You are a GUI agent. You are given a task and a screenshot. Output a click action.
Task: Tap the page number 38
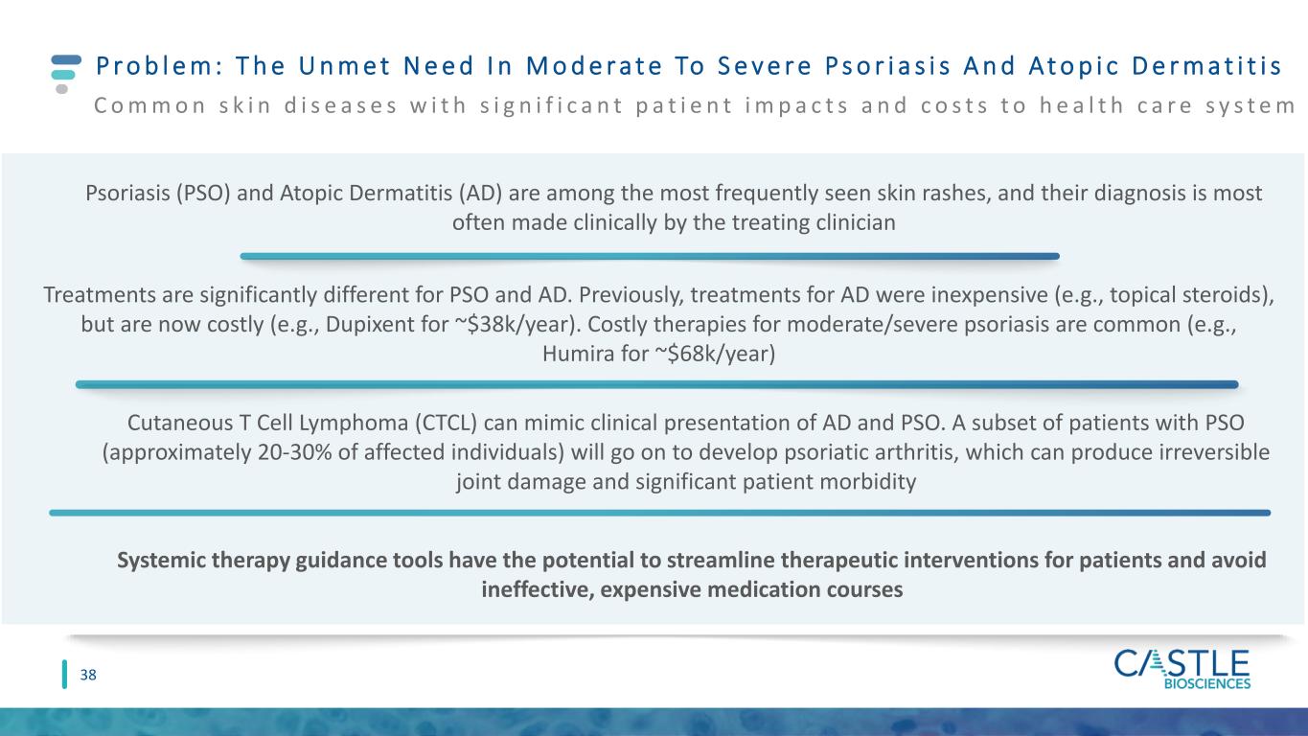coord(88,675)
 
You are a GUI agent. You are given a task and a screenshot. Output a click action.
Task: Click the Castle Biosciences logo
coord(1182,669)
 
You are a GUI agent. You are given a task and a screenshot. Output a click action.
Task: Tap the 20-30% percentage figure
coord(294,452)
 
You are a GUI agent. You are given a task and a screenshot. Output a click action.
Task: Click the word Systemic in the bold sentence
coord(161,560)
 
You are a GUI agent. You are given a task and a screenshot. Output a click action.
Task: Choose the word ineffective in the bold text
coord(538,589)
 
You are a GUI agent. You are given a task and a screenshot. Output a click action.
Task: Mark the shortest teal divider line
coord(650,256)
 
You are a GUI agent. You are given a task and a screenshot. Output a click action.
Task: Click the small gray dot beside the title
coord(62,89)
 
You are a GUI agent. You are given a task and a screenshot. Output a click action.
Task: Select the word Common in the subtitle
coord(150,105)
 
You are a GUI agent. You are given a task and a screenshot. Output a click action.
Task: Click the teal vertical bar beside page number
coord(64,674)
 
